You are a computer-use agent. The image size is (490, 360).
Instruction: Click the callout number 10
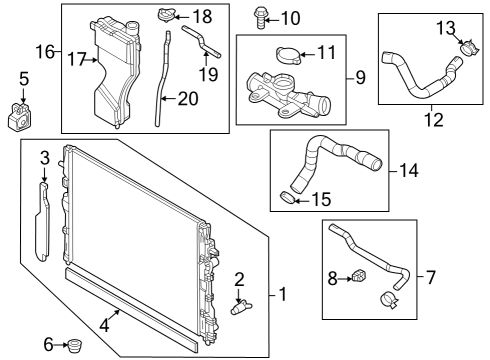[x=291, y=18]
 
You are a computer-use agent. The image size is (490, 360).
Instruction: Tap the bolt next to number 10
[x=260, y=18]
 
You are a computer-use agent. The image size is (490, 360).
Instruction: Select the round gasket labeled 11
[x=288, y=55]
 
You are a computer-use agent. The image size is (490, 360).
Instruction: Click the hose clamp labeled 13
[x=468, y=48]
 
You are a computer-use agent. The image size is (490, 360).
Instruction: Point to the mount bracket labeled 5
[x=20, y=117]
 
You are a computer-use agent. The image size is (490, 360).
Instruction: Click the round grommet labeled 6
[x=75, y=346]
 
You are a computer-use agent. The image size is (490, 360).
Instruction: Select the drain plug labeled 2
[x=241, y=307]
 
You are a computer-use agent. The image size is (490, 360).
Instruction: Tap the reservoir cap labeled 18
[x=166, y=15]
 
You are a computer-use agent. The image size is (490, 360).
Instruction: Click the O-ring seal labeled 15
[x=287, y=198]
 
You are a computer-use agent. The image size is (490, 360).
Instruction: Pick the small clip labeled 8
[x=359, y=275]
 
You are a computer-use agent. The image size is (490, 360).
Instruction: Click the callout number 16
[x=45, y=52]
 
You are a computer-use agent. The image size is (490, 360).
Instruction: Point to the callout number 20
[x=188, y=99]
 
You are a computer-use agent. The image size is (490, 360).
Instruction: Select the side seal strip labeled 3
[x=42, y=221]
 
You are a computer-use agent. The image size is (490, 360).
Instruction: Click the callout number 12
[x=434, y=120]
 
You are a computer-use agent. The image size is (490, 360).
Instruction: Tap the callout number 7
[x=431, y=277]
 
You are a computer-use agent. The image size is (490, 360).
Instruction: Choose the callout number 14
[x=409, y=170]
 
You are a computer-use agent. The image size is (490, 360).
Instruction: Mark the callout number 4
[x=104, y=325]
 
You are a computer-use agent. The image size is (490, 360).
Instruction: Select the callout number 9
[x=360, y=77]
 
